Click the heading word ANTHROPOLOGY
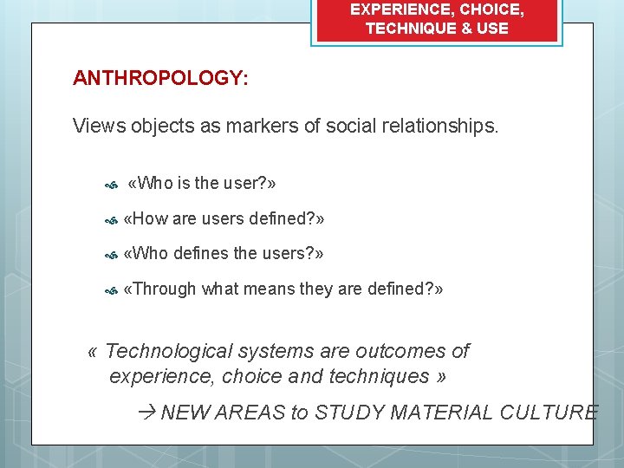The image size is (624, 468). [x=159, y=79]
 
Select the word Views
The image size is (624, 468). [x=100, y=127]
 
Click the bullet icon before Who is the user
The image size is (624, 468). [x=110, y=185]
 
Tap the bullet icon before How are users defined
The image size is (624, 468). [x=110, y=221]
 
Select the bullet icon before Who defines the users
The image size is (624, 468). [x=110, y=256]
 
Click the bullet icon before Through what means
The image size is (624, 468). [x=110, y=291]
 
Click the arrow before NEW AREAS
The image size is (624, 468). [x=146, y=413]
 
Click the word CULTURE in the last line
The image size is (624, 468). [x=549, y=413]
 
